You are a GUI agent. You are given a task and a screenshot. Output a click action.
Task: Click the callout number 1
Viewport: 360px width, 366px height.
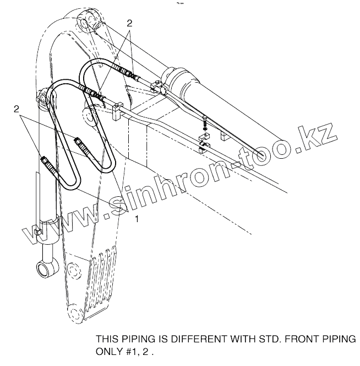137,218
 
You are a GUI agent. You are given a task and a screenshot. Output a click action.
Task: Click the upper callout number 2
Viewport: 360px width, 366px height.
130,23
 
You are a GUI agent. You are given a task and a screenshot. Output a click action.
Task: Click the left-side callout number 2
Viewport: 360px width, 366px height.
17,109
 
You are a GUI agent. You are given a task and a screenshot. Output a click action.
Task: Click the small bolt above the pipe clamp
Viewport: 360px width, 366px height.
205,121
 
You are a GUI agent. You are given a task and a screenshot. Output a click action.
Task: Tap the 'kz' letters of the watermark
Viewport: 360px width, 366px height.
317,130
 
